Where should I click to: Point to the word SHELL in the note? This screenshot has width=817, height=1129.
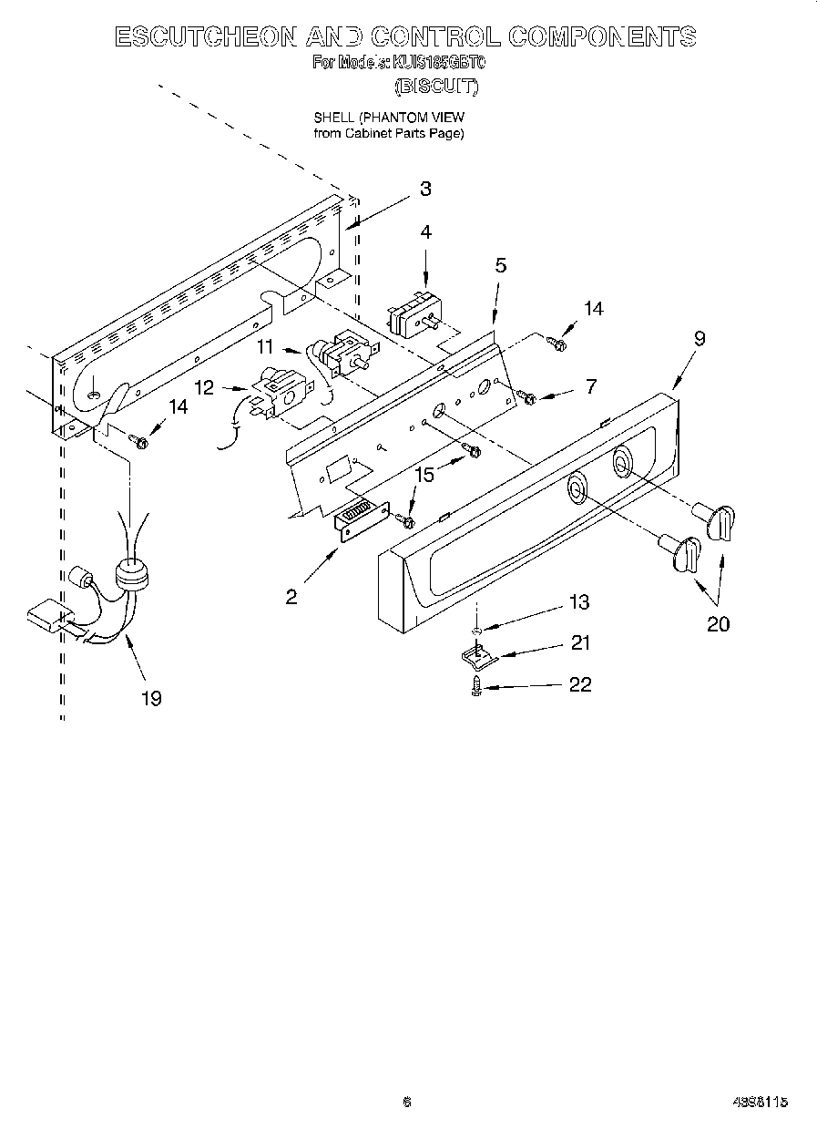click(333, 118)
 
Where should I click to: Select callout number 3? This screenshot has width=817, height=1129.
click(425, 190)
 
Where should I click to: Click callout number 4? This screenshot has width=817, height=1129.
click(425, 233)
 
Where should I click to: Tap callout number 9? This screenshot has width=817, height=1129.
click(699, 338)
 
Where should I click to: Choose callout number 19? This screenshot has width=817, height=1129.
click(151, 698)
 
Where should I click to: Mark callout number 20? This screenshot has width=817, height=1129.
click(719, 624)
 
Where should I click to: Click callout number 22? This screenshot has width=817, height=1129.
click(579, 684)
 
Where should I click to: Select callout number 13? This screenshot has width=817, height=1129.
click(578, 602)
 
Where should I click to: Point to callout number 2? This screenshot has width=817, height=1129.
click(291, 598)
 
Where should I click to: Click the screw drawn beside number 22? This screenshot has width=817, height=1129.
click(476, 688)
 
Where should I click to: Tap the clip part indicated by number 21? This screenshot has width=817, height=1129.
click(472, 654)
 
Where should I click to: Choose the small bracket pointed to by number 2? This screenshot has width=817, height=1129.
click(362, 522)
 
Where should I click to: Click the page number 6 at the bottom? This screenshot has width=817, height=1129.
click(407, 1103)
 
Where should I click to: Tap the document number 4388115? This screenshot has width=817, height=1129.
click(760, 1103)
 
